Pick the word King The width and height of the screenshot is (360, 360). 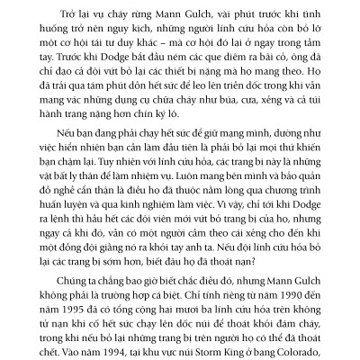(231, 344)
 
